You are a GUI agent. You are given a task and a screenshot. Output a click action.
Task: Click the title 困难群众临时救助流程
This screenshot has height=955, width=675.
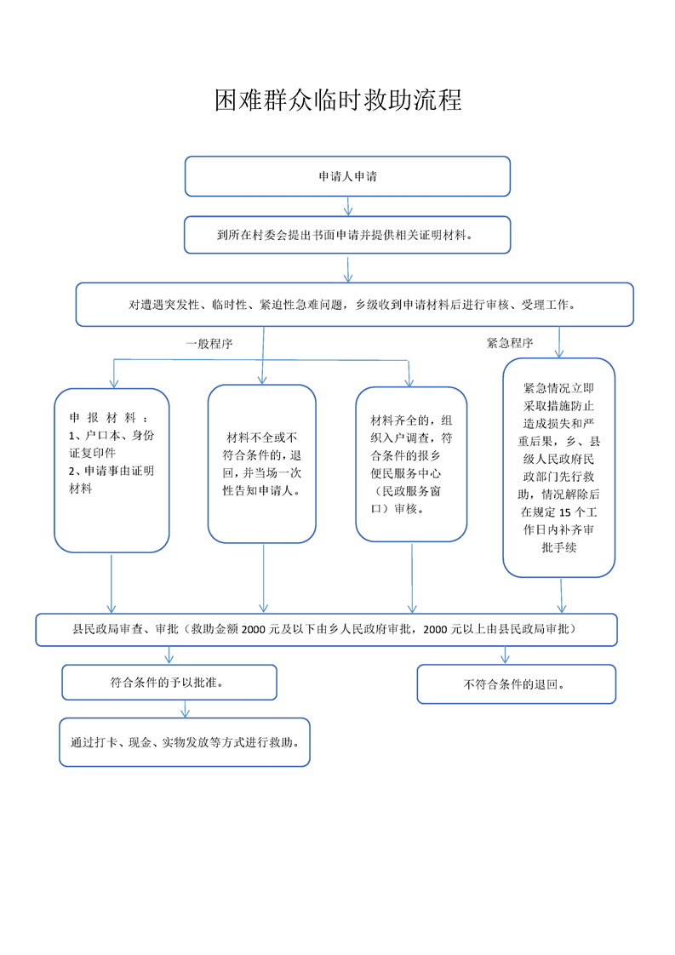click(x=338, y=100)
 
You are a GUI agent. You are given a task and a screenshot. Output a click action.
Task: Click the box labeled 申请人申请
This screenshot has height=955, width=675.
click(x=347, y=176)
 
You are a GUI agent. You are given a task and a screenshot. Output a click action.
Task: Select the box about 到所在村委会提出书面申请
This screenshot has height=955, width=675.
click(x=347, y=234)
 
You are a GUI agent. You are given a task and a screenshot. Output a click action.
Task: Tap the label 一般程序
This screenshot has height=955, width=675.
click(x=209, y=344)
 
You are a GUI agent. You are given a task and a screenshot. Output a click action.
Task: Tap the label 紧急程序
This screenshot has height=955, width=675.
click(x=510, y=343)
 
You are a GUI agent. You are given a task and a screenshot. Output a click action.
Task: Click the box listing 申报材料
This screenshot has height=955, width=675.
click(x=112, y=470)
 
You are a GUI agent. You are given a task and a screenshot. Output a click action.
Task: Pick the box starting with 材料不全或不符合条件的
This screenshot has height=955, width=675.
click(x=262, y=464)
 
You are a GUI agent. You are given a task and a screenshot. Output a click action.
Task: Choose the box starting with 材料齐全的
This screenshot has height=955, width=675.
click(x=411, y=464)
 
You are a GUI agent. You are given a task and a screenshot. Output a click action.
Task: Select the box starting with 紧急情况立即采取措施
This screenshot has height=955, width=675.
click(x=558, y=467)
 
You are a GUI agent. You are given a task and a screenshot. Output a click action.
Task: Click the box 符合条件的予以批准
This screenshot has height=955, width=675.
click(x=169, y=682)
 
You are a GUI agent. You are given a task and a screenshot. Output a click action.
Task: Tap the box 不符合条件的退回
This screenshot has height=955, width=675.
click(x=516, y=684)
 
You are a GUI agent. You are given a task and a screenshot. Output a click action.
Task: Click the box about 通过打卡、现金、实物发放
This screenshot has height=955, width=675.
click(x=185, y=742)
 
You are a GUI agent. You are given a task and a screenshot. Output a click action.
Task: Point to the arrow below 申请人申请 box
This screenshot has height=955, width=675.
click(x=348, y=206)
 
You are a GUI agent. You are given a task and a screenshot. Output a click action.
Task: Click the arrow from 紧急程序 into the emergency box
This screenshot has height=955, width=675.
click(x=559, y=342)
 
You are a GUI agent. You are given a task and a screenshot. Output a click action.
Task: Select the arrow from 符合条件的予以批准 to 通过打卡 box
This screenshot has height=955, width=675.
click(x=186, y=709)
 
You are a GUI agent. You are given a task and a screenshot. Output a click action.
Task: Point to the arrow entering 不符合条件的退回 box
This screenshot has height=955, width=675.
click(x=505, y=655)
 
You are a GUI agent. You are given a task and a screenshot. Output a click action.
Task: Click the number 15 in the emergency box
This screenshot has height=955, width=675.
click(x=564, y=512)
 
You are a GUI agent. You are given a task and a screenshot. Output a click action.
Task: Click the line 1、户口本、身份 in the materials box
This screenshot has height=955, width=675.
click(x=112, y=436)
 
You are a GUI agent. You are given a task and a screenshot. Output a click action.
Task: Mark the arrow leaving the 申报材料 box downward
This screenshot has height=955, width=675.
click(x=112, y=584)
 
